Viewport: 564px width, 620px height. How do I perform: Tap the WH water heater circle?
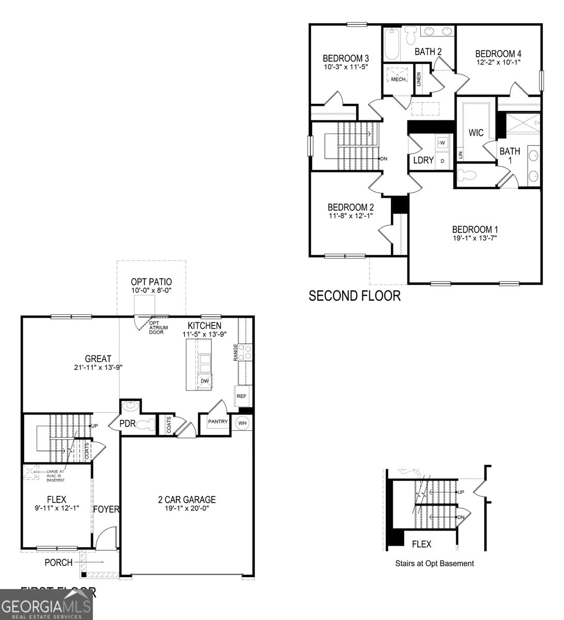tap(242, 423)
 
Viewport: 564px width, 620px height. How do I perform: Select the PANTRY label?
tap(218, 422)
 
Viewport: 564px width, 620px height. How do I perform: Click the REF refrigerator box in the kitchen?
tap(241, 396)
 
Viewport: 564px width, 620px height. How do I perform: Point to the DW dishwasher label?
tap(205, 381)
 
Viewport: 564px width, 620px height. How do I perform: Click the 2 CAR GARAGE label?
tap(187, 500)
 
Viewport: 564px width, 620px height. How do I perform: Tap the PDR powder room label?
tap(127, 424)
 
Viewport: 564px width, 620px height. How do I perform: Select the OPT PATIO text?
tap(151, 282)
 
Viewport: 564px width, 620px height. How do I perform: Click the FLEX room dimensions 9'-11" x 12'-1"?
tap(56, 508)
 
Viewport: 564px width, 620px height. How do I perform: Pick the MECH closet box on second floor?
tap(398, 79)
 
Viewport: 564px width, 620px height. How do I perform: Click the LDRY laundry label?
tap(423, 160)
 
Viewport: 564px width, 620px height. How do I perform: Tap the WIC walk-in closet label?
tap(476, 133)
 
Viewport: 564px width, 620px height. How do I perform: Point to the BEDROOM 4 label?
tap(498, 54)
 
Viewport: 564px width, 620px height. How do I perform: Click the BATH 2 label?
tap(428, 51)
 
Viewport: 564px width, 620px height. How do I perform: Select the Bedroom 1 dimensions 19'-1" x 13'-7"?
tap(475, 238)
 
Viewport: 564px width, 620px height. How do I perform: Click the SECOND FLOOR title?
tap(354, 296)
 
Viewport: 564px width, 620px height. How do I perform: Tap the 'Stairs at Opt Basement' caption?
tap(434, 563)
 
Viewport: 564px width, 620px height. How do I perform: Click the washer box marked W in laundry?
tap(442, 142)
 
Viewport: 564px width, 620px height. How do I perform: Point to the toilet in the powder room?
tap(148, 425)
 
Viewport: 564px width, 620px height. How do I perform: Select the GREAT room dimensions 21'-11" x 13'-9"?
tap(98, 367)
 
